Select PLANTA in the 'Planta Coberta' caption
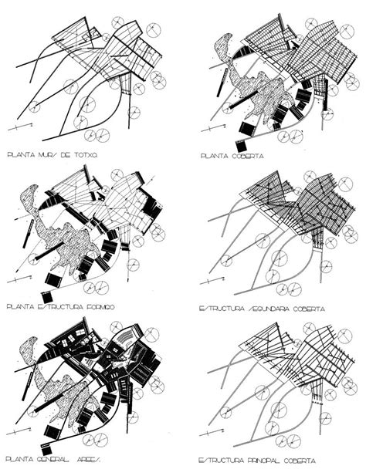tap(214, 155)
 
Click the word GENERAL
tap(58, 461)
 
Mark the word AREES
tap(97, 461)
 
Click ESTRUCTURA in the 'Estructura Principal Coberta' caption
tap(219, 461)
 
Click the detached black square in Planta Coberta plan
tap(242, 145)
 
